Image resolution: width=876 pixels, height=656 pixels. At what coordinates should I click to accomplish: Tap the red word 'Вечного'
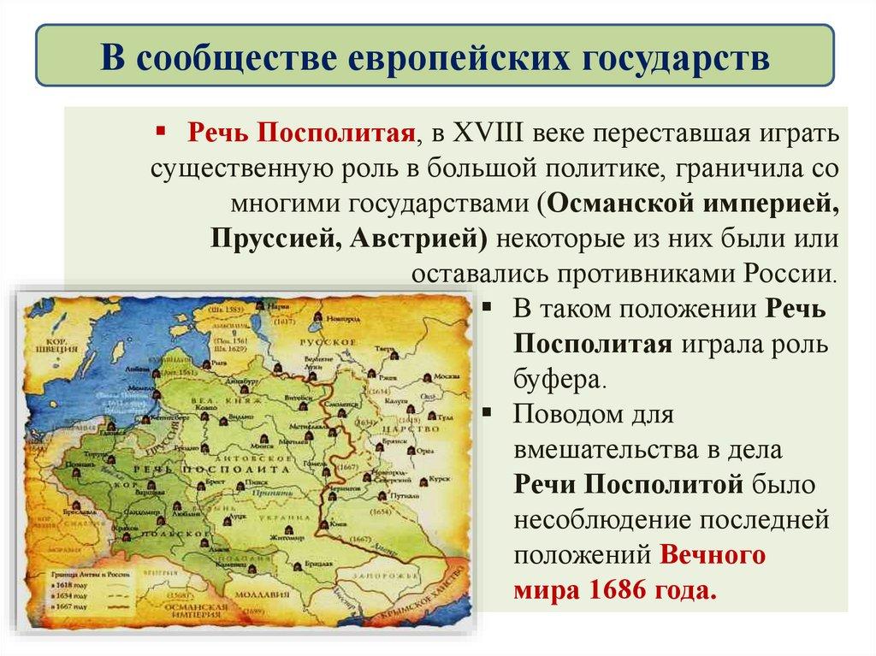712,554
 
